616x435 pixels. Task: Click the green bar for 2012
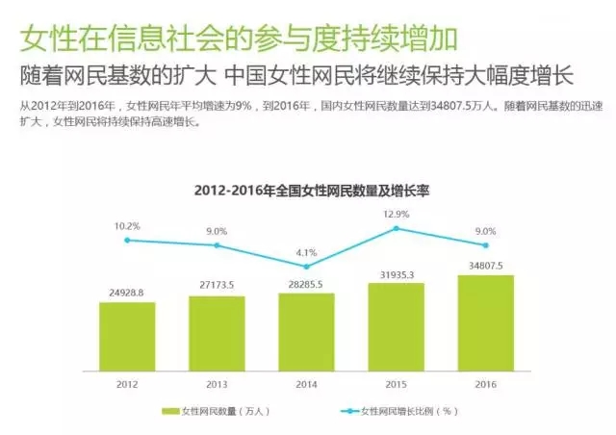coord(127,334)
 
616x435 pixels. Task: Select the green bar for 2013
coord(217,331)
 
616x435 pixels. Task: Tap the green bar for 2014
coord(306,329)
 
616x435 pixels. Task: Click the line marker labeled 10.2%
coord(127,240)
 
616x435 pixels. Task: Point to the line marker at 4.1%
coord(306,267)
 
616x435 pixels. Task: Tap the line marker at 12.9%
coord(396,228)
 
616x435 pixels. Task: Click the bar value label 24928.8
coord(127,291)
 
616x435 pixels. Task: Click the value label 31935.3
coord(396,274)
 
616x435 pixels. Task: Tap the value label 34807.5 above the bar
coord(485,266)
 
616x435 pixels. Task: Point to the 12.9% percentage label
coord(396,214)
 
